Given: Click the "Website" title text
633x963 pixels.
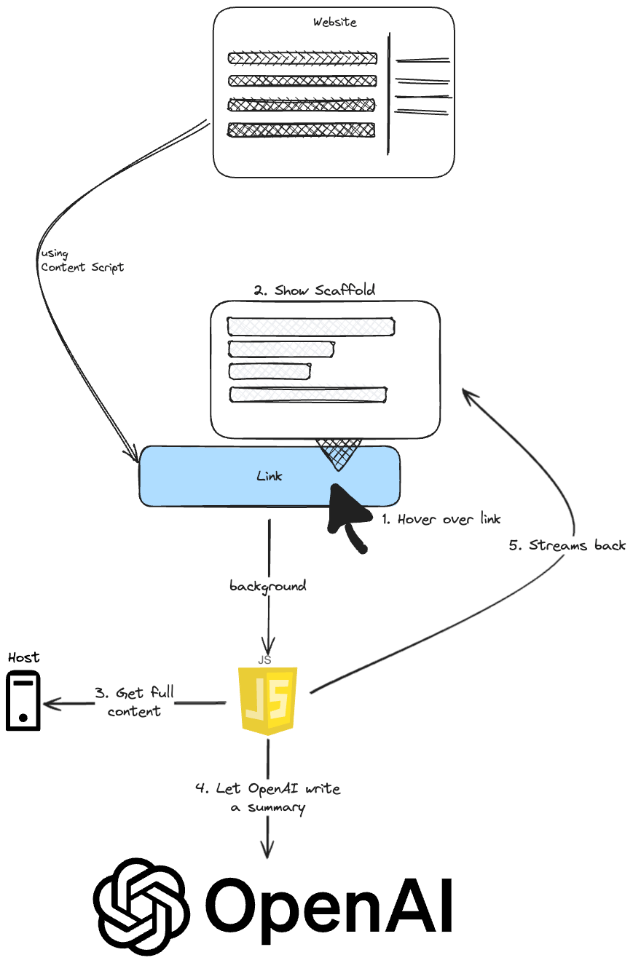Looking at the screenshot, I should (x=334, y=23).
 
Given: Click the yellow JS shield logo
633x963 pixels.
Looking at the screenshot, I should (x=269, y=700).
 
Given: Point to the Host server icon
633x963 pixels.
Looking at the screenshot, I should (x=23, y=700).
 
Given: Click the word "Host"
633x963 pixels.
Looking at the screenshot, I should (x=23, y=657).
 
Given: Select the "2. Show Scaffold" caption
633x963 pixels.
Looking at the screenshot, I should (x=315, y=290).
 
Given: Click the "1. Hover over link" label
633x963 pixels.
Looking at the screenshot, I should (x=441, y=520).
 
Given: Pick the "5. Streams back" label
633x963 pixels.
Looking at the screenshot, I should (x=567, y=545).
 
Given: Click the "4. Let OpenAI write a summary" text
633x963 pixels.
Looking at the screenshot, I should (x=267, y=798).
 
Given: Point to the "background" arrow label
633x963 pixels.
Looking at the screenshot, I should (x=268, y=585).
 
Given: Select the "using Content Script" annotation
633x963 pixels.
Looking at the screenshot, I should (x=82, y=261).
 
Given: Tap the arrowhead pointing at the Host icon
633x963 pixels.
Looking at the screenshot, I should (x=51, y=704).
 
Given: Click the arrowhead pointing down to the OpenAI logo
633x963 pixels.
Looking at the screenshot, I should (x=268, y=849).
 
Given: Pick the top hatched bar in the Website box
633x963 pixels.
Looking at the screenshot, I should (x=302, y=58).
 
